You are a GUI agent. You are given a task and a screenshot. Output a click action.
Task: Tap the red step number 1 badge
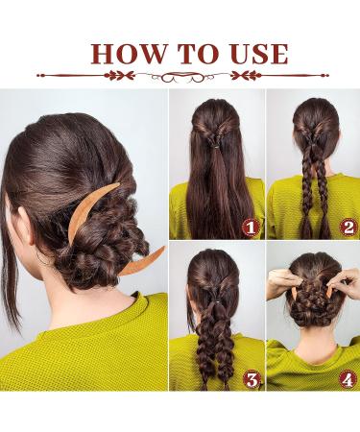click(251, 228)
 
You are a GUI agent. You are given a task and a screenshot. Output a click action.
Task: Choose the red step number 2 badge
click(348, 228)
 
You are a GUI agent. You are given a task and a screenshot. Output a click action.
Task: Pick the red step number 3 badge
click(251, 380)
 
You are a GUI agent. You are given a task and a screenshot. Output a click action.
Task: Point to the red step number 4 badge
click(348, 380)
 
